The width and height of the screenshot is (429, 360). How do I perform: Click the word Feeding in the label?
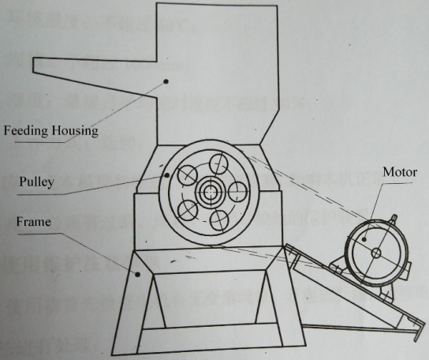click(25, 131)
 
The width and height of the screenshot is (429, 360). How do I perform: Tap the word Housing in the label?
click(75, 131)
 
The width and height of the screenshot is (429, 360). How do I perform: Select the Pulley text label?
click(36, 182)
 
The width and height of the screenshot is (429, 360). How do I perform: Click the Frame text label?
click(34, 222)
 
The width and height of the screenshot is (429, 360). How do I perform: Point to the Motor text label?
click(400, 172)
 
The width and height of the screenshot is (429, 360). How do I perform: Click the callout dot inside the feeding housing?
click(166, 81)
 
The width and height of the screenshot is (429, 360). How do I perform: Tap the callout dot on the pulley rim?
click(167, 175)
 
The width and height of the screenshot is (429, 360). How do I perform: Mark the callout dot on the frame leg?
click(138, 274)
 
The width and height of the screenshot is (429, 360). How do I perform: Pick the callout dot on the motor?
click(364, 239)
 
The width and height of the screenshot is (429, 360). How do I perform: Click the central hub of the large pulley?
click(209, 192)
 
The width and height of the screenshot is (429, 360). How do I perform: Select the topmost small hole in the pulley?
click(218, 164)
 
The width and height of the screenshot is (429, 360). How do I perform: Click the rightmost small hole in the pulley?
click(237, 192)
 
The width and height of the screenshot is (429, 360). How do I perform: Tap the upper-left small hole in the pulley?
click(188, 175)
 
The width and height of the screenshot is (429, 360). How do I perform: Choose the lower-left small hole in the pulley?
click(188, 210)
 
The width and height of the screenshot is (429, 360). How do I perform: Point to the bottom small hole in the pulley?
click(220, 219)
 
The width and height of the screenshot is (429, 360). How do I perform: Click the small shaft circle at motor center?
click(376, 253)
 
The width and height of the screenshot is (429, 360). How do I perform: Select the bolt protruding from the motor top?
click(394, 219)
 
